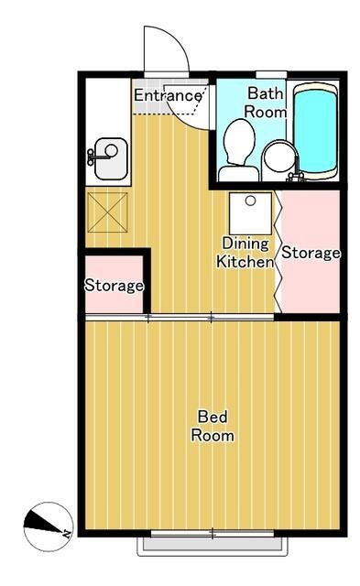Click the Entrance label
pos(167,95)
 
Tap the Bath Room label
pos(266,102)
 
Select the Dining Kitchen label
pos(245,252)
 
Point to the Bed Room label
pos(212,426)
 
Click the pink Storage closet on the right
pos(311,252)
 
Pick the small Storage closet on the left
pos(114,285)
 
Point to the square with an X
pos(107,212)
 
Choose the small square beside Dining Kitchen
pos(250,213)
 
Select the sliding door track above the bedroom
pos(180,318)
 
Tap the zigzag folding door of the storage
pos(279,252)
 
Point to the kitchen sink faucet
pos(93,157)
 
